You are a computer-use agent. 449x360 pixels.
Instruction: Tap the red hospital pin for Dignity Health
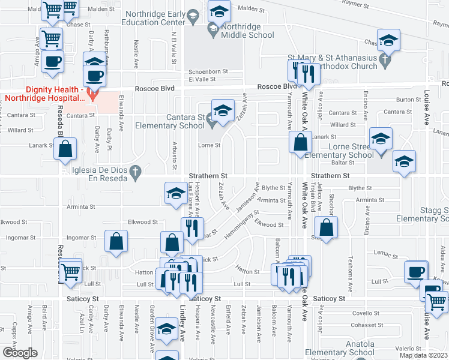coord(92,94)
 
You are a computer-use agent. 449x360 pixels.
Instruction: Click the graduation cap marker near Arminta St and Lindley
coord(175,194)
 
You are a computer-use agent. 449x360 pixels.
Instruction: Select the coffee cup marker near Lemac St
coord(415,271)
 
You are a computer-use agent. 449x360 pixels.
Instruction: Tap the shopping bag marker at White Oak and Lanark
coord(300,143)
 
